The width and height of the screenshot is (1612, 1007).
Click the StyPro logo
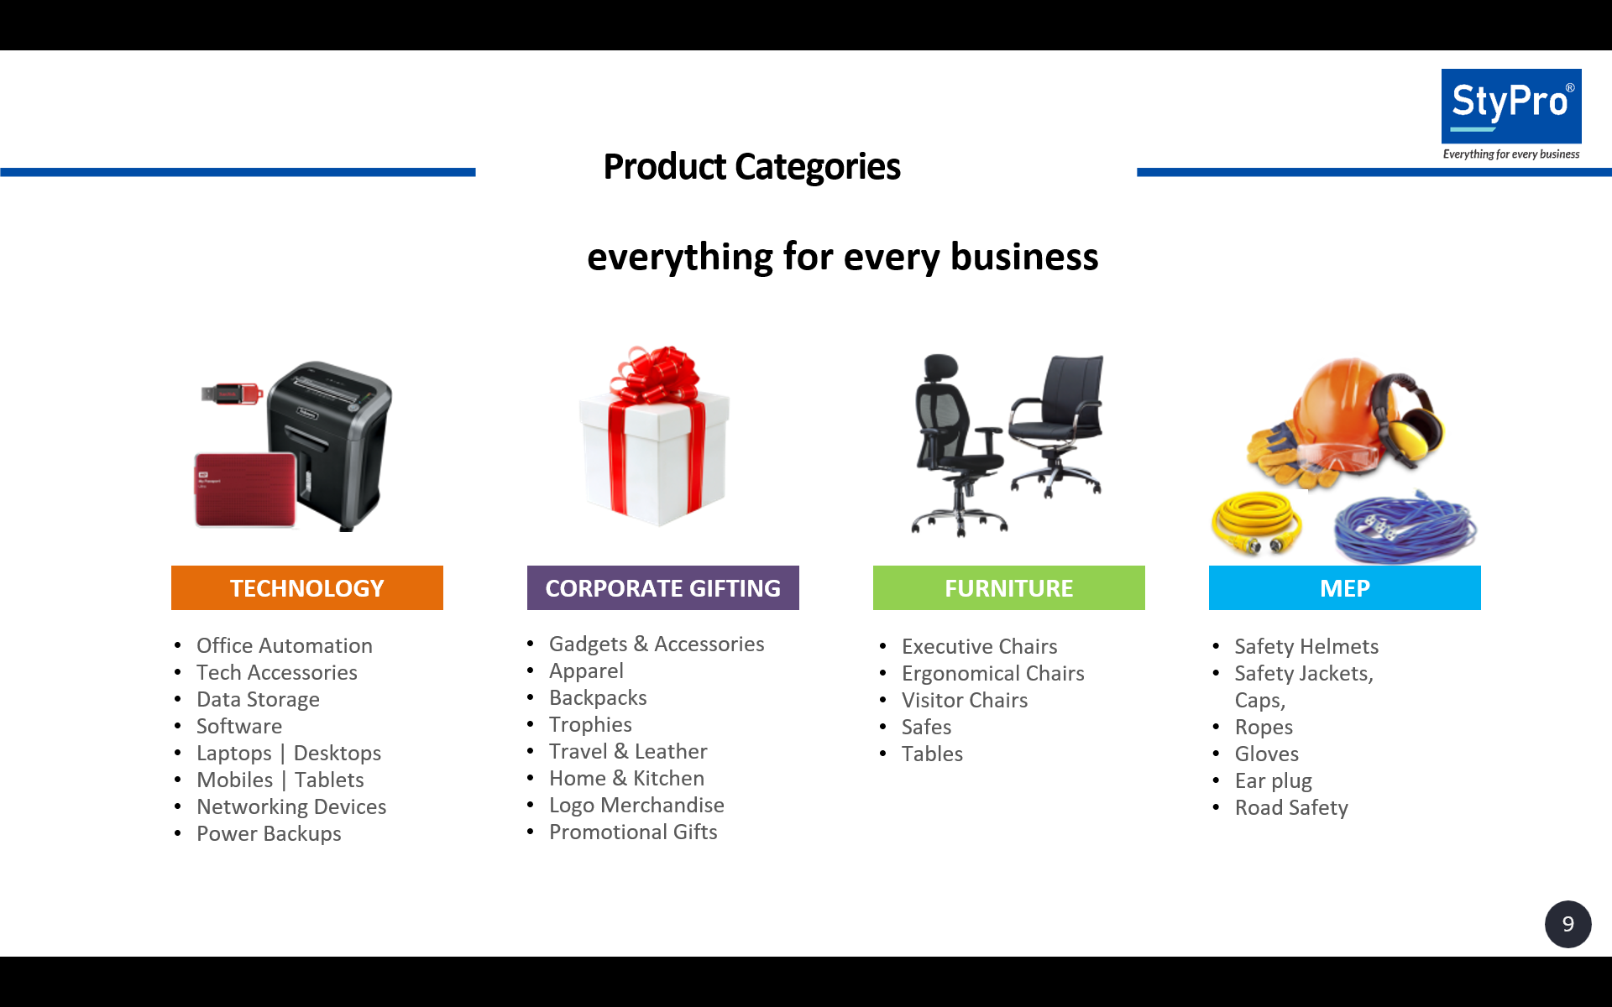(1510, 107)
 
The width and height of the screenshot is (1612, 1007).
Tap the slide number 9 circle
(1568, 924)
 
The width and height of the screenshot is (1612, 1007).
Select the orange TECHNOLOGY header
(306, 587)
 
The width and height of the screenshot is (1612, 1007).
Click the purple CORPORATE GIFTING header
(662, 587)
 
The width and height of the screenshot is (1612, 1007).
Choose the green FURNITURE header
(1008, 587)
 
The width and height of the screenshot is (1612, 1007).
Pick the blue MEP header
(1344, 587)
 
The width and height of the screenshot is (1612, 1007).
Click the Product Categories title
(751, 166)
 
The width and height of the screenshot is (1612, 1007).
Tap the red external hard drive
(245, 490)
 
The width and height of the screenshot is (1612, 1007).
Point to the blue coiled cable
(1405, 527)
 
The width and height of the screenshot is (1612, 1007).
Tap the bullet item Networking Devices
(291, 806)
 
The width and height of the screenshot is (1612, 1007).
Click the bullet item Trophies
(590, 724)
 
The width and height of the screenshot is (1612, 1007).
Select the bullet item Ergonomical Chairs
(992, 673)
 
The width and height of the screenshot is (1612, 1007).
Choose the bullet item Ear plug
(1273, 780)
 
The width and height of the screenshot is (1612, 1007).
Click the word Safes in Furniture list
(926, 727)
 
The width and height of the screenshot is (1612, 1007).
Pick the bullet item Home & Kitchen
(626, 778)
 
